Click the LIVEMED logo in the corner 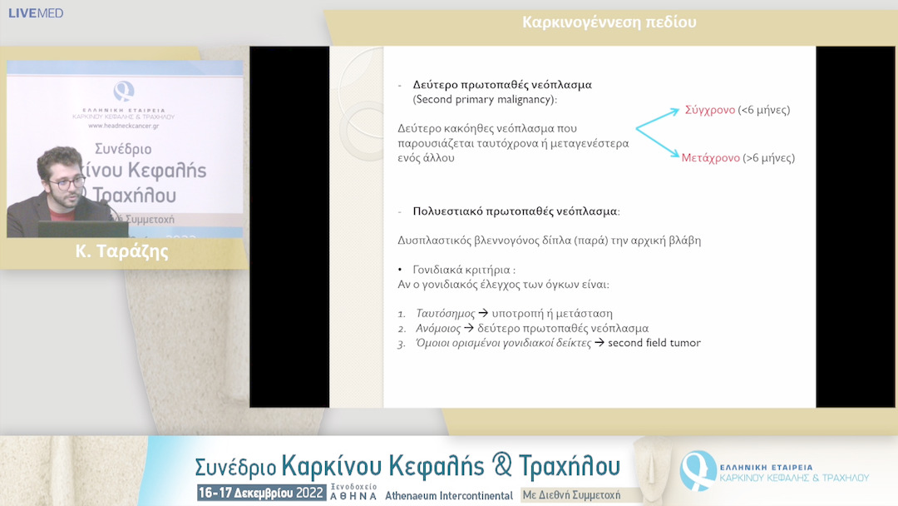pos(36,13)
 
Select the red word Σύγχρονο pos(709,110)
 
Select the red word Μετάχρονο pos(711,157)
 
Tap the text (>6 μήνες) pos(769,157)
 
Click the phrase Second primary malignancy pos(485,99)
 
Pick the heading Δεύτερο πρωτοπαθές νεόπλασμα pos(502,85)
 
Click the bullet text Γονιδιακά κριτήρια pos(459,270)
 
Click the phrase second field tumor pos(654,342)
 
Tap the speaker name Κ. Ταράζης pos(121,252)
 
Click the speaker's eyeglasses pos(67,181)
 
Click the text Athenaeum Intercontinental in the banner pos(449,495)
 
